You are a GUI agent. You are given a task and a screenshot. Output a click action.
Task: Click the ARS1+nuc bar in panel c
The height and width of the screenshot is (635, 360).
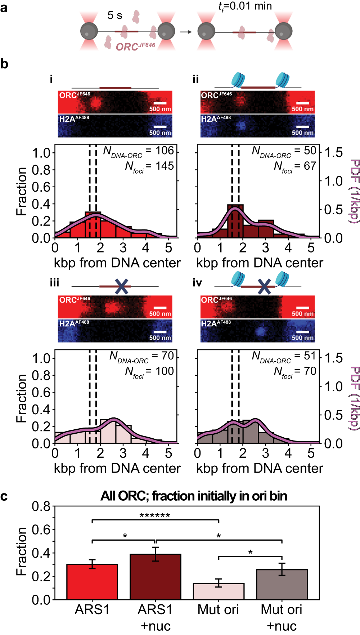[x=155, y=577]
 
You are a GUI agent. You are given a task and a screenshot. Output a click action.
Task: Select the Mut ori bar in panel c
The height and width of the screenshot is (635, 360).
[x=219, y=591]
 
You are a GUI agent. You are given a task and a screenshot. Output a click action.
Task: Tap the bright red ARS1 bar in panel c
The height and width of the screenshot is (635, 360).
[x=92, y=581]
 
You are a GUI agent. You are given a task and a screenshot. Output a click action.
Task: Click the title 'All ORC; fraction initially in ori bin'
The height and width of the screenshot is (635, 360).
[x=194, y=496]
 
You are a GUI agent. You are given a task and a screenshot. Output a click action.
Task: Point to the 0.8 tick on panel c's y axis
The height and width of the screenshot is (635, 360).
[x=42, y=506]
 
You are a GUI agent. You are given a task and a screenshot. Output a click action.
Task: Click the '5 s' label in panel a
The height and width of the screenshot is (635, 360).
[x=114, y=15]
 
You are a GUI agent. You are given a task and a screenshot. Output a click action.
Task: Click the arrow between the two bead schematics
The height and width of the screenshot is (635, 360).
[x=186, y=32]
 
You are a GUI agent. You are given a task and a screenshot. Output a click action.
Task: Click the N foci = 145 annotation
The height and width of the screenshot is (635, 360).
[x=149, y=166]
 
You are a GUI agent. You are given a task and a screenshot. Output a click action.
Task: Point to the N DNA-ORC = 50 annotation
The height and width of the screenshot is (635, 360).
[x=284, y=151]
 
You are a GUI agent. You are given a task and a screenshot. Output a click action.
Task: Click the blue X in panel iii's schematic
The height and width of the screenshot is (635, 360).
[x=122, y=286]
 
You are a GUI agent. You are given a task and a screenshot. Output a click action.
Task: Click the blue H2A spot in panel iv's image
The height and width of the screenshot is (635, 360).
[x=260, y=331]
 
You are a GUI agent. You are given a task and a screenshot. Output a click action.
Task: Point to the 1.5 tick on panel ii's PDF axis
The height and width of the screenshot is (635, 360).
[x=333, y=152]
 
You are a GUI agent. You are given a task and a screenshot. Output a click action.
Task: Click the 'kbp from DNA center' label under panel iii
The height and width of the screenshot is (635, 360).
[x=117, y=468]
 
